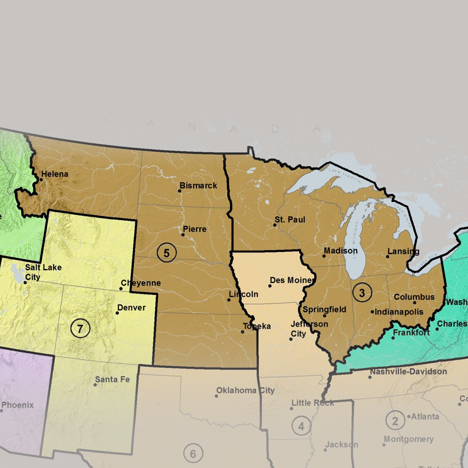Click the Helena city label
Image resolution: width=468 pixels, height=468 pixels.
55,174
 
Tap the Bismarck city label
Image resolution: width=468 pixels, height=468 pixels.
198,186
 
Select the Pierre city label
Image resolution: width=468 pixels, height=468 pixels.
194,229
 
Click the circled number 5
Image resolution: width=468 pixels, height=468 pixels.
167,252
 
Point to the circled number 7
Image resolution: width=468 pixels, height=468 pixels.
80,329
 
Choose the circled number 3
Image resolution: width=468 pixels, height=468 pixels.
362,292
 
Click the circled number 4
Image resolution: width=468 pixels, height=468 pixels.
301,426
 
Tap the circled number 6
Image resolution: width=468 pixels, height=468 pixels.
193,454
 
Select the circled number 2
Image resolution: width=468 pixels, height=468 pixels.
394,421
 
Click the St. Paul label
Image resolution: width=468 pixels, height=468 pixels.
289,220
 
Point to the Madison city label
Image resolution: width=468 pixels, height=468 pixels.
340,251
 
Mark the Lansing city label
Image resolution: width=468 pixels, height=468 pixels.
403,251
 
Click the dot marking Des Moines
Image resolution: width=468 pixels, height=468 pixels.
270,286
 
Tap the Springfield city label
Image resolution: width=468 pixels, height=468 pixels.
324,309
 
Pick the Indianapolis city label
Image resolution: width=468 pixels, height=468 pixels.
399,312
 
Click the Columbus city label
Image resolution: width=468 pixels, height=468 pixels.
414,297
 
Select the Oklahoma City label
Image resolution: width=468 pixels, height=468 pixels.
245,390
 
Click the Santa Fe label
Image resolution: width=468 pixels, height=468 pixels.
112,379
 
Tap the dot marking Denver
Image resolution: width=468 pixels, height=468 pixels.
117,313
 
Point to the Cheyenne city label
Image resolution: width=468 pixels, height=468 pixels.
140,283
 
